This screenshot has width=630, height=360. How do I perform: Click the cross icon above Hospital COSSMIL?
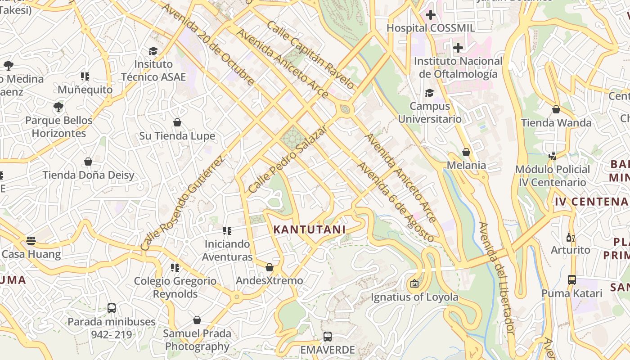click(x=431, y=15)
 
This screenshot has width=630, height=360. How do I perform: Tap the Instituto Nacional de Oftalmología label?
click(x=458, y=67)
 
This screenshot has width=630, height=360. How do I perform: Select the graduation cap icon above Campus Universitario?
click(x=430, y=93)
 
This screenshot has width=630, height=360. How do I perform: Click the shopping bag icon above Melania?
click(x=466, y=152)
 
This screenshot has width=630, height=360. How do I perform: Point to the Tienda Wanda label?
click(x=556, y=123)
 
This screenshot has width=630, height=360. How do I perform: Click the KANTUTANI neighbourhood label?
click(x=310, y=229)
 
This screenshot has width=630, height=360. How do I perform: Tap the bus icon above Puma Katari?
click(x=571, y=280)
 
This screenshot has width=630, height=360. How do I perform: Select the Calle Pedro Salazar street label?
click(x=288, y=159)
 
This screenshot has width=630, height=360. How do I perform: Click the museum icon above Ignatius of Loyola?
click(x=414, y=284)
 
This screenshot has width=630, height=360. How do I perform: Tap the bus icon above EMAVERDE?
click(x=328, y=337)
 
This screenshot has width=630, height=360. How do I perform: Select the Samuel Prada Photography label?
click(x=197, y=340)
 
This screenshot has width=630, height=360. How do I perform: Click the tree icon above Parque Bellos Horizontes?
click(x=58, y=107)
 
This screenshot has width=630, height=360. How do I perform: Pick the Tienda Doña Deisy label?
click(x=89, y=175)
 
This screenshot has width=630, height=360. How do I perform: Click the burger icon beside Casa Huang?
click(x=31, y=241)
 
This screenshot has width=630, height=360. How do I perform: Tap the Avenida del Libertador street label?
click(x=497, y=278)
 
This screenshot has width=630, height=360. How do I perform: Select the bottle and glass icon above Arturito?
click(x=570, y=237)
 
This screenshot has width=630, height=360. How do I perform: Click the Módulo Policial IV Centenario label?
click(x=553, y=175)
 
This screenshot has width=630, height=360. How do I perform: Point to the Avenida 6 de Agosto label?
click(x=396, y=202)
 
